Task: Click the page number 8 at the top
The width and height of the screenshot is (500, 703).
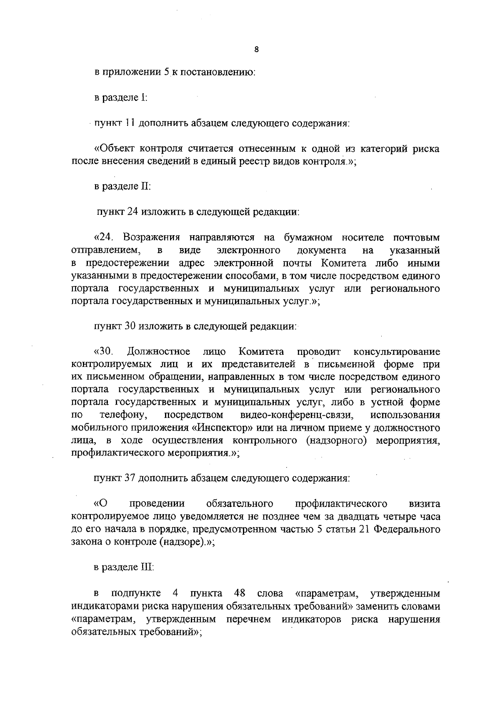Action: point(256,49)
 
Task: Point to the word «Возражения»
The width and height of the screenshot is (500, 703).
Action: point(151,238)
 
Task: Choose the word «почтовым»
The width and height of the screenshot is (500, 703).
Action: point(416,238)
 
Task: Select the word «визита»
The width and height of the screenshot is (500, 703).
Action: point(425,504)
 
